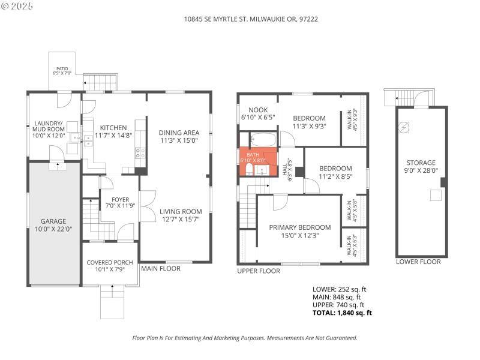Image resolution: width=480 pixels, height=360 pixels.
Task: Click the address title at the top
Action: tap(251, 19)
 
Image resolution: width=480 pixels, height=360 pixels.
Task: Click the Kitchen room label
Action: tap(113, 128)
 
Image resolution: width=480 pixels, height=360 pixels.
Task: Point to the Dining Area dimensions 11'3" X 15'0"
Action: tap(178, 140)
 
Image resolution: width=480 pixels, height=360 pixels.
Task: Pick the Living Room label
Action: tap(180, 211)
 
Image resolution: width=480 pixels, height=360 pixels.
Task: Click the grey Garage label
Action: tap(53, 221)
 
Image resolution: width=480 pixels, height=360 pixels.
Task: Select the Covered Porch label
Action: tap(110, 262)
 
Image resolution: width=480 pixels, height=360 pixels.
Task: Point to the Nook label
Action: tap(258, 110)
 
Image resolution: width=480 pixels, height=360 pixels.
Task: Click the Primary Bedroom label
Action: tap(299, 227)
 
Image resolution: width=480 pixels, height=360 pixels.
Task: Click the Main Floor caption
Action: tap(160, 269)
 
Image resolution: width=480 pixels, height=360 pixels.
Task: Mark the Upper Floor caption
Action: tap(259, 271)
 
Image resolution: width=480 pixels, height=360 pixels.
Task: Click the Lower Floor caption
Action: tap(418, 262)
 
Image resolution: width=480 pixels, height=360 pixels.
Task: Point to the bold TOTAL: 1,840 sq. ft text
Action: tap(342, 313)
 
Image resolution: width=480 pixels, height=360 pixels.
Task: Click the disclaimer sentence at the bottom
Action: tap(244, 338)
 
